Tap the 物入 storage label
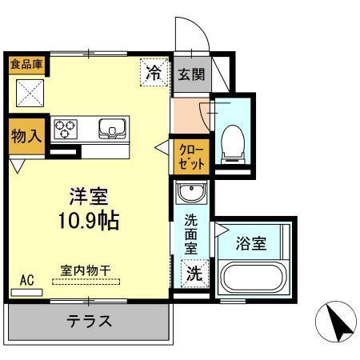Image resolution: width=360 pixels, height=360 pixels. click(x=26, y=136)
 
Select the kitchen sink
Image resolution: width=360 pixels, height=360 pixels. click(x=113, y=128)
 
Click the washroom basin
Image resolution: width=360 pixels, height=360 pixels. click(x=191, y=193)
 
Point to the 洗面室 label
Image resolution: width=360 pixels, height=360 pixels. click(x=192, y=235)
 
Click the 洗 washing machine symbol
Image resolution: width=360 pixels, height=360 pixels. click(x=193, y=273)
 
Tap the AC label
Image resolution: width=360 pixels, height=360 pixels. click(x=27, y=280)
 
